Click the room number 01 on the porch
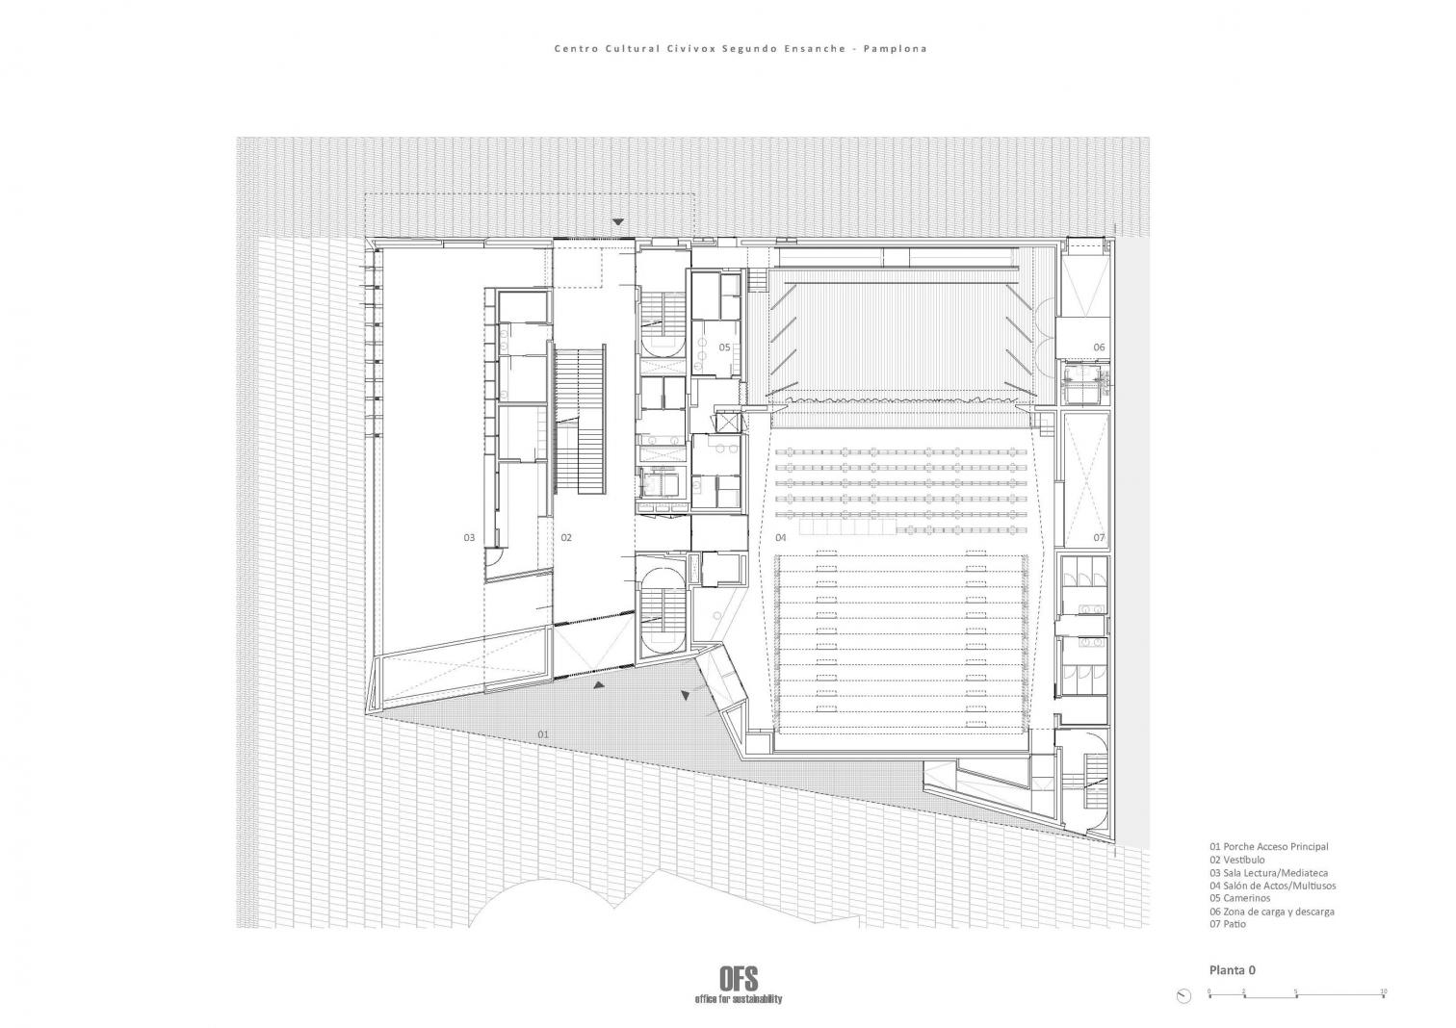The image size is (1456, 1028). click(x=543, y=734)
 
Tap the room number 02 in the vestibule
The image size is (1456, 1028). click(x=566, y=537)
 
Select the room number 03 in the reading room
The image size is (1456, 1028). click(x=469, y=537)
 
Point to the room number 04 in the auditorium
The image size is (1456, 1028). click(x=781, y=537)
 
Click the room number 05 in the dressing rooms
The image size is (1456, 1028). click(x=725, y=347)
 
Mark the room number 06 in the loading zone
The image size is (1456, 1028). click(x=1099, y=347)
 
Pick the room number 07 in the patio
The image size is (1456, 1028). click(x=1099, y=537)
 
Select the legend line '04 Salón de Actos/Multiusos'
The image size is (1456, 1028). click(x=1273, y=885)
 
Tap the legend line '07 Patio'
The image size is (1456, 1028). click(x=1228, y=923)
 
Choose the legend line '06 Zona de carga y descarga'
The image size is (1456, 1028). click(x=1271, y=911)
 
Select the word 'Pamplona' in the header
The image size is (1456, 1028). click(x=895, y=49)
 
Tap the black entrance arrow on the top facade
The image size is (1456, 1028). click(x=618, y=222)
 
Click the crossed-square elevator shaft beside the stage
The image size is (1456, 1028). click(x=728, y=423)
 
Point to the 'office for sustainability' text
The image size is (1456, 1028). click(x=739, y=999)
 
